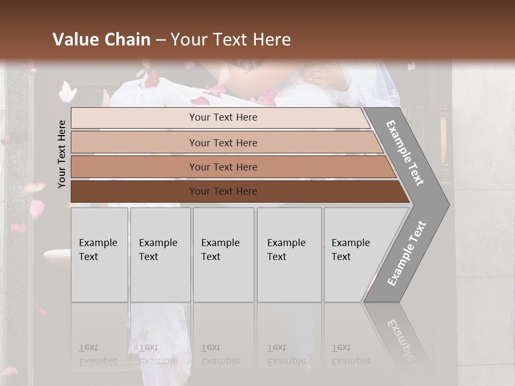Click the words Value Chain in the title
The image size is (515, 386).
click(101, 40)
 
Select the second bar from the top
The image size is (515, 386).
click(223, 143)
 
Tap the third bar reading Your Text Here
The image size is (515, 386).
click(223, 167)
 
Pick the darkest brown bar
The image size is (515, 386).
click(223, 191)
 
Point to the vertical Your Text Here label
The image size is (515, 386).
click(62, 154)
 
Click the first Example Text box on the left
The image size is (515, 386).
click(99, 255)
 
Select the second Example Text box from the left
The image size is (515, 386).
click(160, 255)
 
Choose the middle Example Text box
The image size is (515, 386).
click(223, 255)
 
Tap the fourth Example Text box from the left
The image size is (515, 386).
click(289, 255)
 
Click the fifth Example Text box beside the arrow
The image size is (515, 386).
click(351, 255)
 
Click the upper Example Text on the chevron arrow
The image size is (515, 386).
click(405, 153)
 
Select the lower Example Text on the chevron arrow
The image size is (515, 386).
click(407, 253)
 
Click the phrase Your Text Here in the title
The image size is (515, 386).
click(231, 40)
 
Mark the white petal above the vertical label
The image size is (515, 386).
click(67, 92)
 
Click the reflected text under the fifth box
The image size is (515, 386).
click(350, 355)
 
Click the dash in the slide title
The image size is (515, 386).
click(160, 40)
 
